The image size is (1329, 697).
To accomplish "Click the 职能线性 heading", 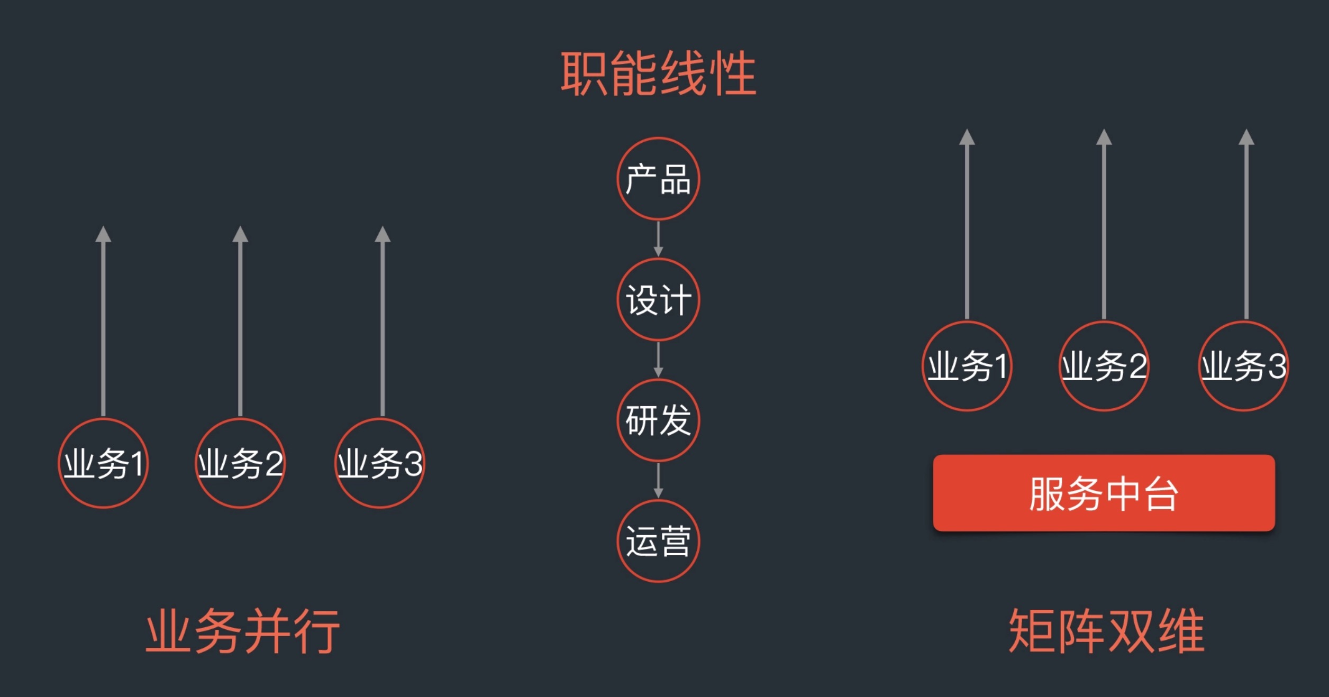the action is [658, 74].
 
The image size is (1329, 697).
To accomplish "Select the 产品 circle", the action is [658, 179].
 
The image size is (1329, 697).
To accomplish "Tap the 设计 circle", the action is [658, 300].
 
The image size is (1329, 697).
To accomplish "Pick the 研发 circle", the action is [658, 420].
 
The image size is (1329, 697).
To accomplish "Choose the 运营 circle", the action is [658, 541].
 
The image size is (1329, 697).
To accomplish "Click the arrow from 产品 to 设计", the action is [658, 239].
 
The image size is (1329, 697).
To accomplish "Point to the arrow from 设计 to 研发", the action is [658, 360].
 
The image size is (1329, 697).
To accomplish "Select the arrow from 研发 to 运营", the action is [658, 480].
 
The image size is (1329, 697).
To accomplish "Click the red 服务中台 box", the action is [1104, 493].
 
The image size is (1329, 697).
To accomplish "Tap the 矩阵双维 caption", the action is [1106, 631].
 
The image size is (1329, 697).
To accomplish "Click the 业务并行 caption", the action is [242, 631].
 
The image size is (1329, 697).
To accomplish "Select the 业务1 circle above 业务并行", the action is [103, 463].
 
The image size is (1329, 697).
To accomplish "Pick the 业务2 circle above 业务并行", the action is [240, 463].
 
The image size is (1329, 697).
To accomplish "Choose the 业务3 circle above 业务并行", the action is [380, 463].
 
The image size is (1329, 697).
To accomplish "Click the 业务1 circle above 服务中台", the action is [967, 366].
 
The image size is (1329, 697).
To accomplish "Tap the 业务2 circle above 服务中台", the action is [1104, 366].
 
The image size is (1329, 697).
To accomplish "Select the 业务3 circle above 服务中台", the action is [1243, 366].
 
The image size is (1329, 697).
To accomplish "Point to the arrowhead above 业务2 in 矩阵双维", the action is [1104, 137].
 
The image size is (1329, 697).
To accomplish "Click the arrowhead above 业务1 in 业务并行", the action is [103, 234].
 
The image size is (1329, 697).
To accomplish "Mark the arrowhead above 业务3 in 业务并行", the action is [383, 234].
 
